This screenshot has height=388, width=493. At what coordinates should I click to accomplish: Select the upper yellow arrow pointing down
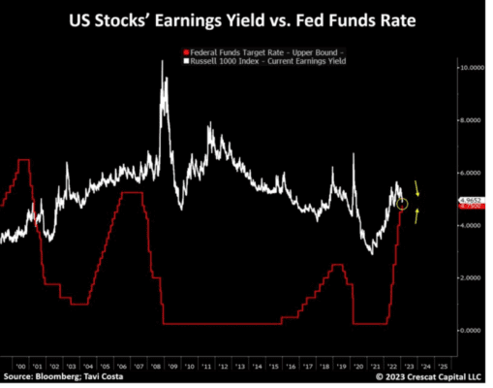417,187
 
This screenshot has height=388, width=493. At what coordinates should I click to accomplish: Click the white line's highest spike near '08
163,77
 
